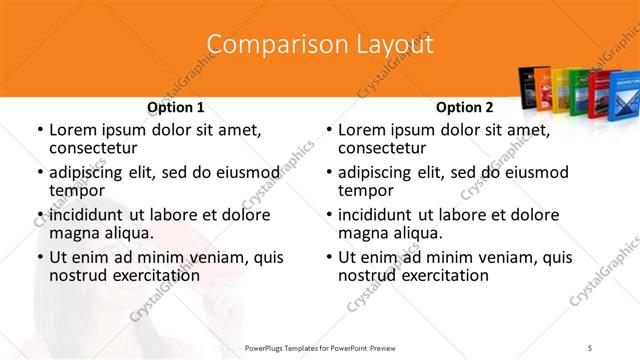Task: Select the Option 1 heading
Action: (x=176, y=108)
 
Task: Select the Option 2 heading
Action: (x=465, y=108)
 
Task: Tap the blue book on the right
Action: (x=619, y=94)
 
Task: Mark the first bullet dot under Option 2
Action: (x=328, y=131)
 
